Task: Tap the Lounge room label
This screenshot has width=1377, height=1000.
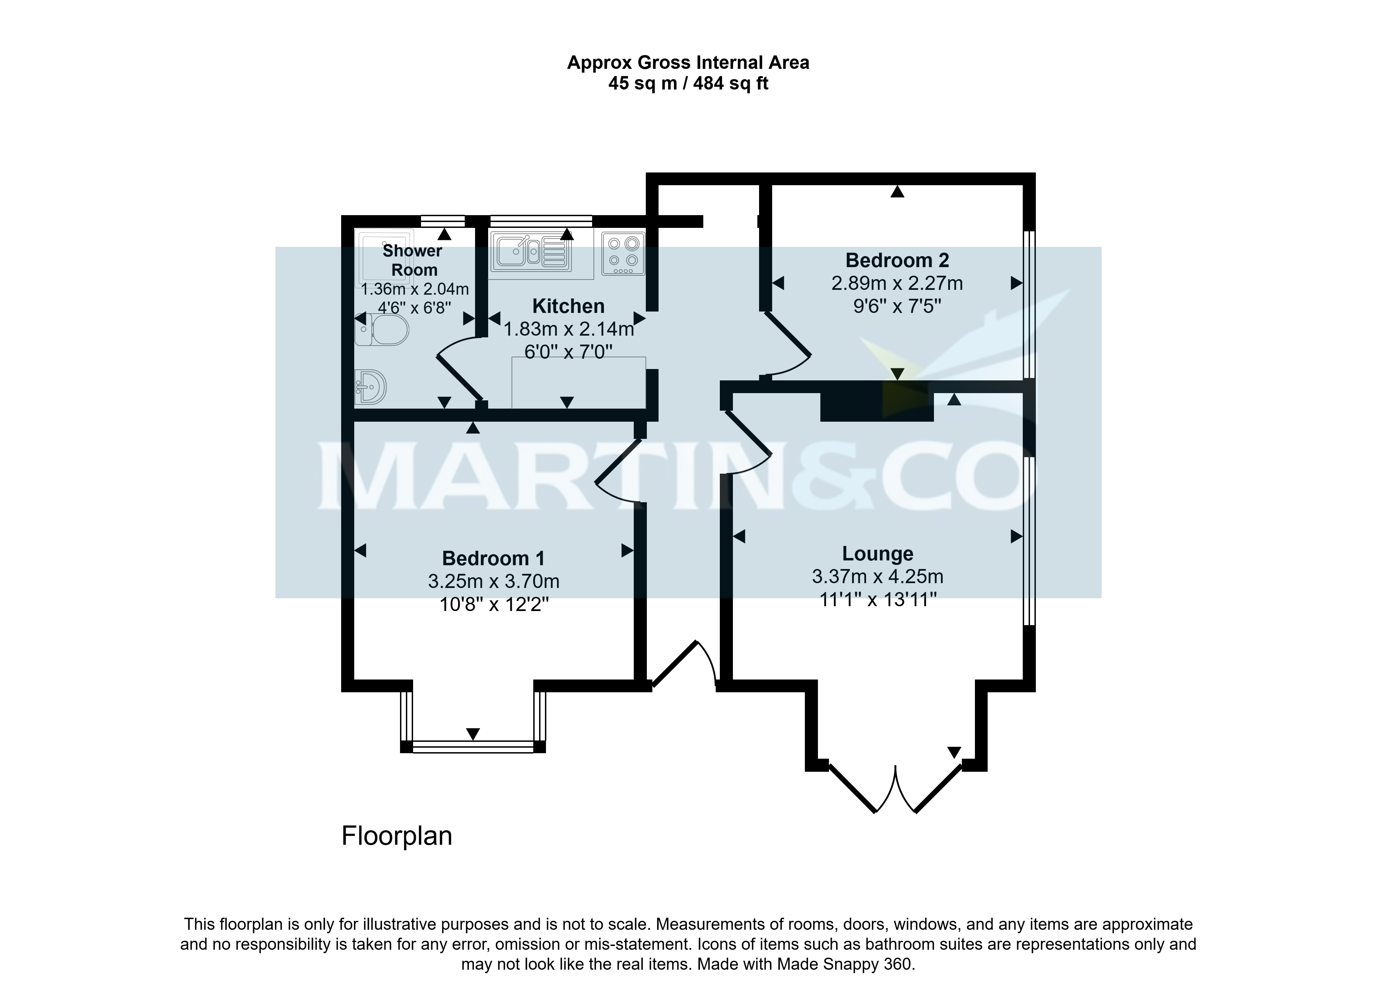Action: coord(877,554)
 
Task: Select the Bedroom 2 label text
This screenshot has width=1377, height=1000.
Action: coord(897,261)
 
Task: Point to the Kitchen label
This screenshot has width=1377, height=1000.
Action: coord(568,306)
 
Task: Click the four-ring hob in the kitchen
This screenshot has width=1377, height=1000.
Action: coord(623,253)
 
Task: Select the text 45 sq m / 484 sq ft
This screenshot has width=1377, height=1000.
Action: coord(688,83)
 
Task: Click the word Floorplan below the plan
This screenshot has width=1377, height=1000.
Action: coord(397,836)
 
